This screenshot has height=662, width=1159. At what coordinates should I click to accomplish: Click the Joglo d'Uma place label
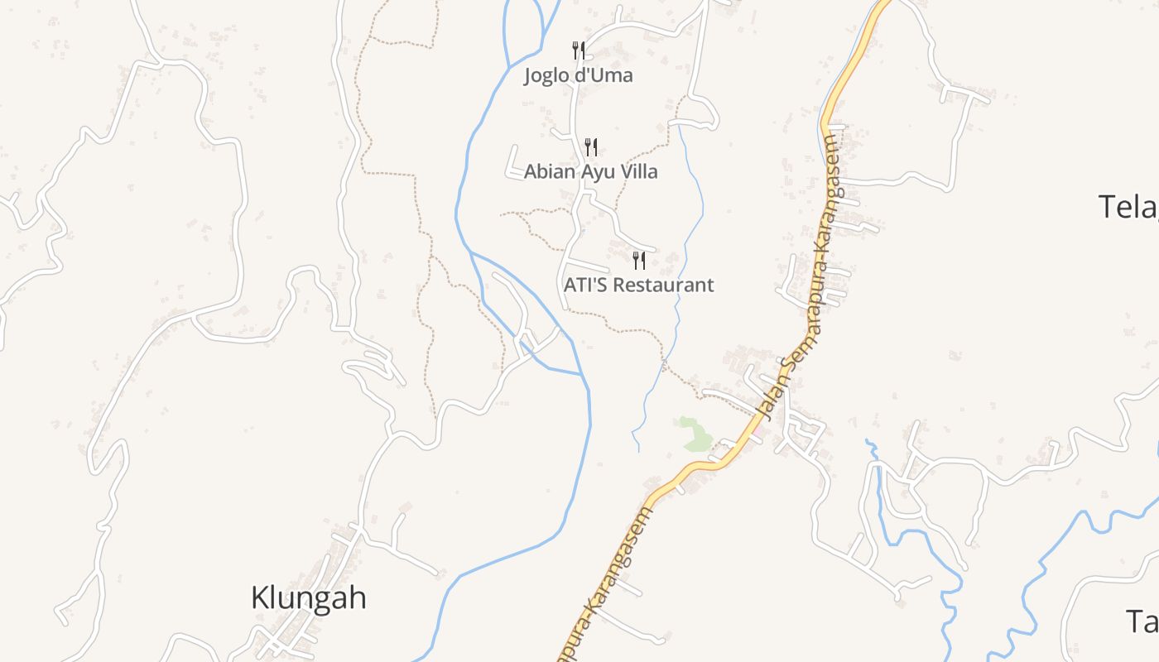578,76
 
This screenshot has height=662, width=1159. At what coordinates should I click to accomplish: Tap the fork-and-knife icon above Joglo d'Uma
579,50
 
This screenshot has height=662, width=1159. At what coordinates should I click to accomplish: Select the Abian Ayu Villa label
591,172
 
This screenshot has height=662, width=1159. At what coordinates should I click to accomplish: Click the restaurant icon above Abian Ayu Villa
591,147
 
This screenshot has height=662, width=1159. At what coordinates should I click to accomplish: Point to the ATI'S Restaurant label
638,285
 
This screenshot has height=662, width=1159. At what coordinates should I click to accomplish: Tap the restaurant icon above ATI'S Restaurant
638,261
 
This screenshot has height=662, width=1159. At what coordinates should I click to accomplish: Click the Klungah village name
308,597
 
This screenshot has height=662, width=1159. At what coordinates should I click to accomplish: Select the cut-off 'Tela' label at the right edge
1128,207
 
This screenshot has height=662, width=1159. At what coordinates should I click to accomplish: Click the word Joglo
547,76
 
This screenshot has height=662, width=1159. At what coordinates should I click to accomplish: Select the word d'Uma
605,76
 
